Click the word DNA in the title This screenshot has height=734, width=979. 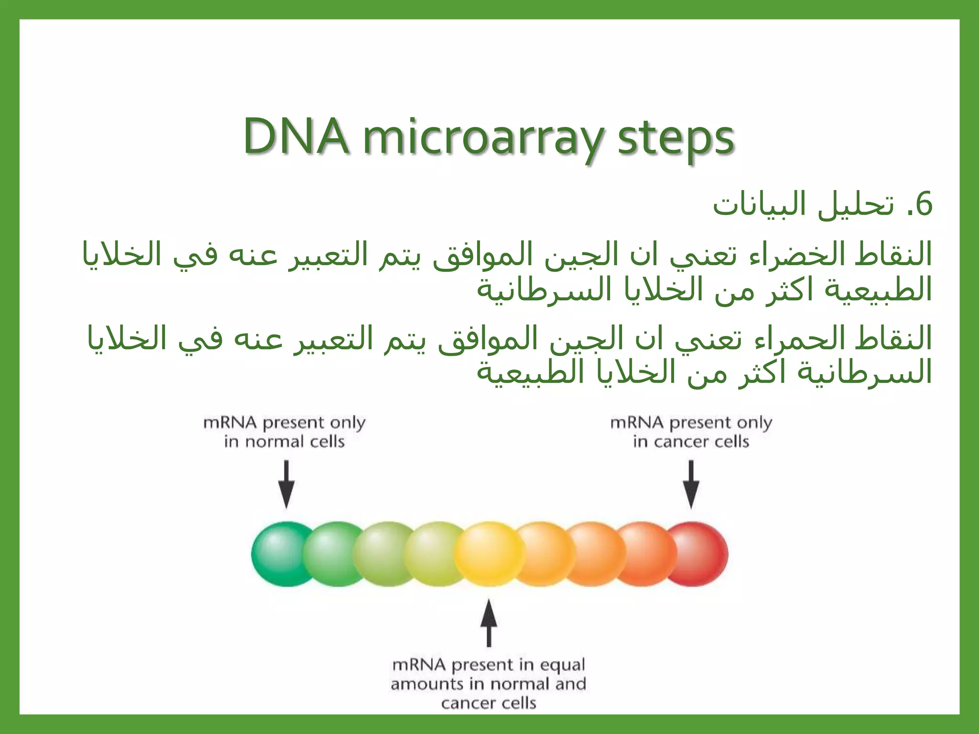click(x=295, y=137)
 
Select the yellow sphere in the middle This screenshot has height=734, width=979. click(x=489, y=554)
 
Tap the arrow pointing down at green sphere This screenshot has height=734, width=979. click(x=286, y=484)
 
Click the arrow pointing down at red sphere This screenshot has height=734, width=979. click(x=691, y=484)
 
